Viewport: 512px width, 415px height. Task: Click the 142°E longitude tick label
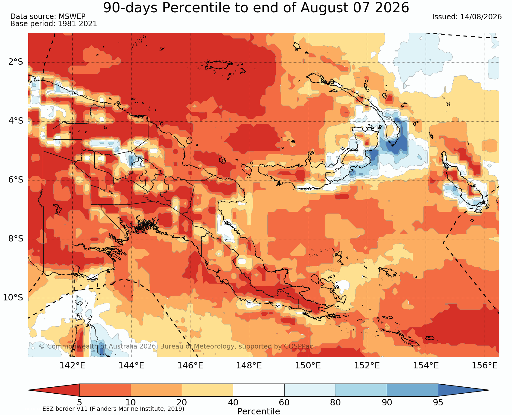coord(72,365)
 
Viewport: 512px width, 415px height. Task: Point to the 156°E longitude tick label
coord(485,365)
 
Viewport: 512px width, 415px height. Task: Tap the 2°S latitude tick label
coord(16,62)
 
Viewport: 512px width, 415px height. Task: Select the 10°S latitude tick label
coord(13,297)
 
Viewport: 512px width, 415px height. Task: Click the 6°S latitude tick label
coord(16,180)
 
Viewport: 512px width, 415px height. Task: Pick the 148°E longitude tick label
coord(249,365)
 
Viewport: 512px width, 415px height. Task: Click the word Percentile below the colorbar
coord(259,411)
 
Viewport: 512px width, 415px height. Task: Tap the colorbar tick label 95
coord(438,402)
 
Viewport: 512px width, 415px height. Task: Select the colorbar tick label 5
coord(79,402)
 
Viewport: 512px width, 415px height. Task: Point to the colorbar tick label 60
coord(284,402)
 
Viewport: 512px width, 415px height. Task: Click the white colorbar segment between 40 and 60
coord(259,390)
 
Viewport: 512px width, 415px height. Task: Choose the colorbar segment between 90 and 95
coord(412,390)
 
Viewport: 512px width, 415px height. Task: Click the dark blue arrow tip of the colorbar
coord(489,390)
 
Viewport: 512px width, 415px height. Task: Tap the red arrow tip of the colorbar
coord(29,390)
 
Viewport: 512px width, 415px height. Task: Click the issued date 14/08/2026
coord(481,17)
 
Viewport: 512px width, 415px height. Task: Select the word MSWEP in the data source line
coord(72,17)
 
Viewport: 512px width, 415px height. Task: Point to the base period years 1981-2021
coord(77,24)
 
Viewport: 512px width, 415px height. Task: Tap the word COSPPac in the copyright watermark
coord(298,346)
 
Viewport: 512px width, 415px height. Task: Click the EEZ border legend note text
coord(104,409)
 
